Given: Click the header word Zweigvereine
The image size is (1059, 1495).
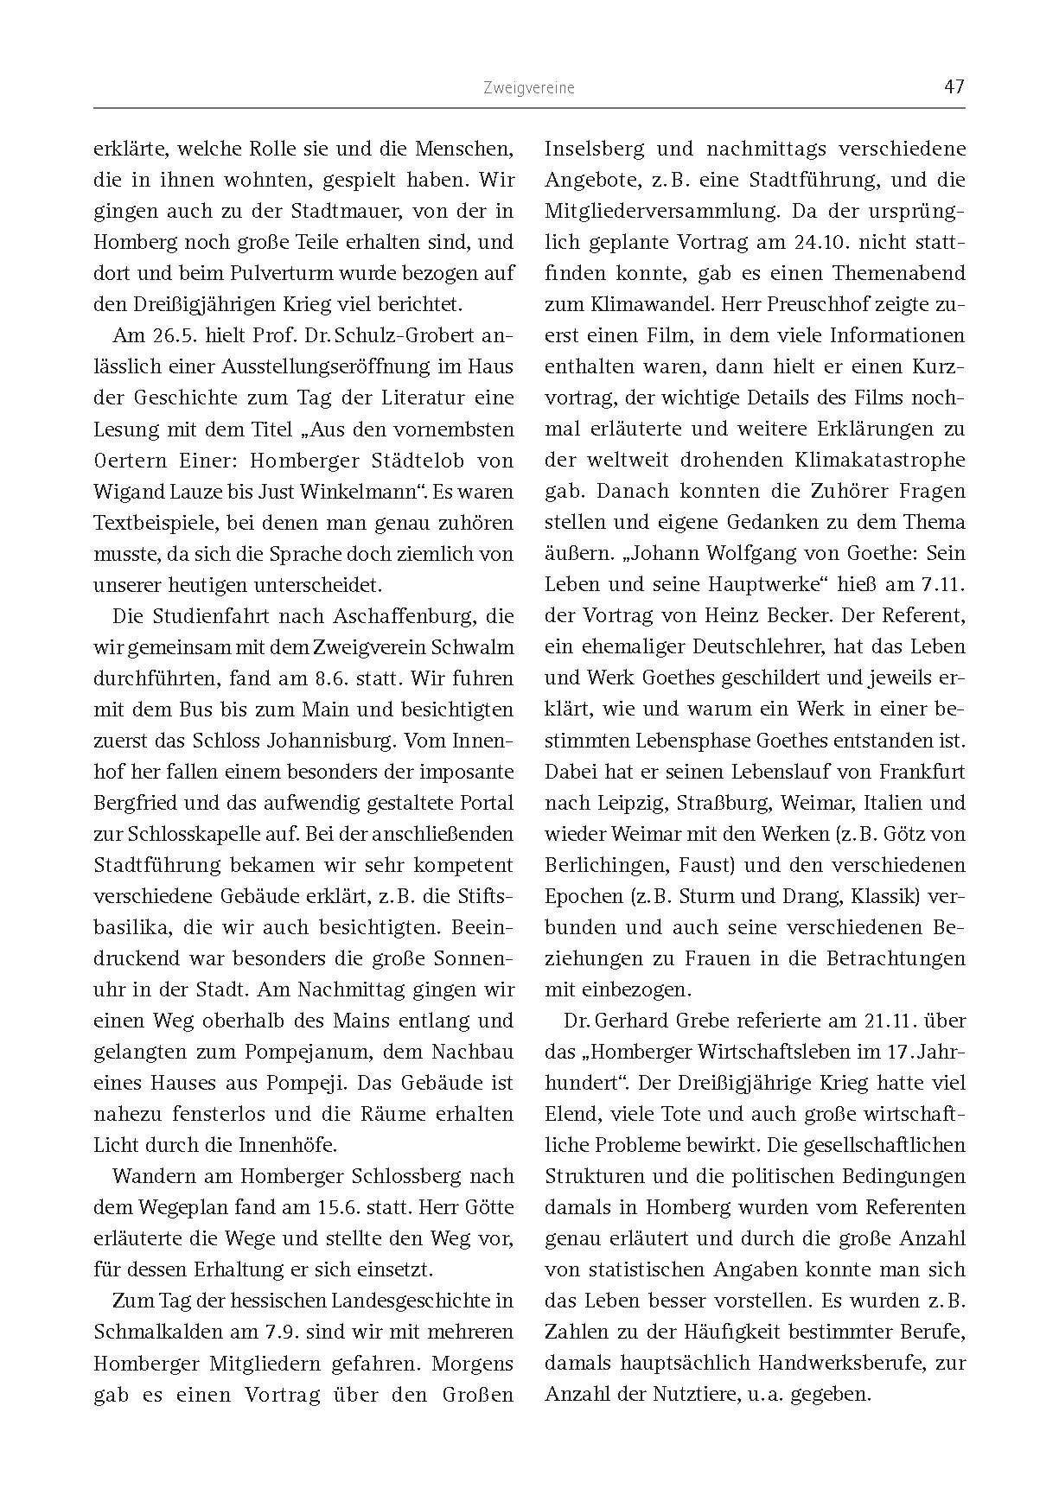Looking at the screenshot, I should (529, 88).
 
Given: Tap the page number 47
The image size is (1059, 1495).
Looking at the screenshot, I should (954, 87).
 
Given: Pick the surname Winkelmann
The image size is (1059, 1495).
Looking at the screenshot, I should (351, 492).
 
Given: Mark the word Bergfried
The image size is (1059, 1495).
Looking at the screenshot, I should (135, 803).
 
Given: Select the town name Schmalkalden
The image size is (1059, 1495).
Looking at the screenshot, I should (157, 1332).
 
